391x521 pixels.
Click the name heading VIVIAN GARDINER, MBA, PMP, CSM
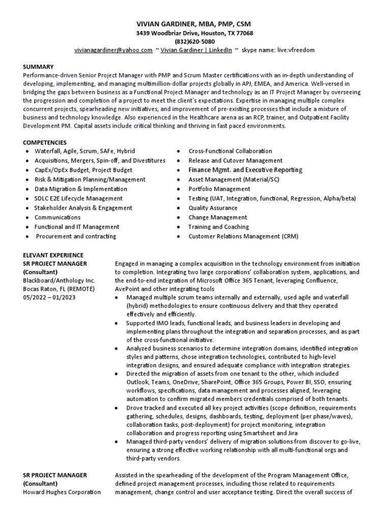(194, 24)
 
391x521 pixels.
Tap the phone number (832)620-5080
(194, 41)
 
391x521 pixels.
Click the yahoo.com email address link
(114, 50)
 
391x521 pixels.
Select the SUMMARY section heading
(38, 67)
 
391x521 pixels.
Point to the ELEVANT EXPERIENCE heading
(53, 255)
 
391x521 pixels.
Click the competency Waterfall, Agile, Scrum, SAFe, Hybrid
(82, 151)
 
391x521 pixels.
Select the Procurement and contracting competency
(76, 236)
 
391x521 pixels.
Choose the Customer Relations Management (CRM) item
(243, 236)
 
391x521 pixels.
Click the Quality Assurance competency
(213, 208)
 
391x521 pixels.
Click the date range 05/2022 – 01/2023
(49, 297)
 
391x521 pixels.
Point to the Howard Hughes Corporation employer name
(62, 492)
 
